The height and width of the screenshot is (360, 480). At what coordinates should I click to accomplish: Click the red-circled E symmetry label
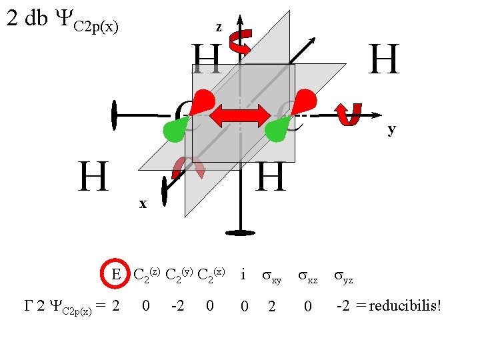[116, 274]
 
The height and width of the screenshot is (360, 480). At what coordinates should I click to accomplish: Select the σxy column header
[271, 276]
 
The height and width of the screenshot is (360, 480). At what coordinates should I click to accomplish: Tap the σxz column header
[307, 276]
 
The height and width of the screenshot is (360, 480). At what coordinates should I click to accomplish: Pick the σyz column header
[344, 276]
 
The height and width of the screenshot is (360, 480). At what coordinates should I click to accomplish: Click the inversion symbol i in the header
[243, 274]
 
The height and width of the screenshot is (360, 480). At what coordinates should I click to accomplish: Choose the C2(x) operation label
[212, 274]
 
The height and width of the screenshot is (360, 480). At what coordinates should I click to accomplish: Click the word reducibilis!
[407, 307]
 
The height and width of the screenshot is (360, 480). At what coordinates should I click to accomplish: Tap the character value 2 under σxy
[271, 307]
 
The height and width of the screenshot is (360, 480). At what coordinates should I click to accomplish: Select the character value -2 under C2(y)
[177, 307]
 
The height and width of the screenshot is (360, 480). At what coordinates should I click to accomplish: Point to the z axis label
[219, 27]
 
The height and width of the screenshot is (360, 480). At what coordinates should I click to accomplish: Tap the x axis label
[143, 203]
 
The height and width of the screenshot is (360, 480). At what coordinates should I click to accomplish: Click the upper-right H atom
[385, 59]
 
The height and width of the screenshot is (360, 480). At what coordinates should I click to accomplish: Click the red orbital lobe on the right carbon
[305, 101]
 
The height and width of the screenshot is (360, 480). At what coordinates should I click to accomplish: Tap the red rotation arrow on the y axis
[349, 114]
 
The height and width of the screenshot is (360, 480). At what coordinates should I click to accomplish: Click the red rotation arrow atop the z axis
[239, 41]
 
